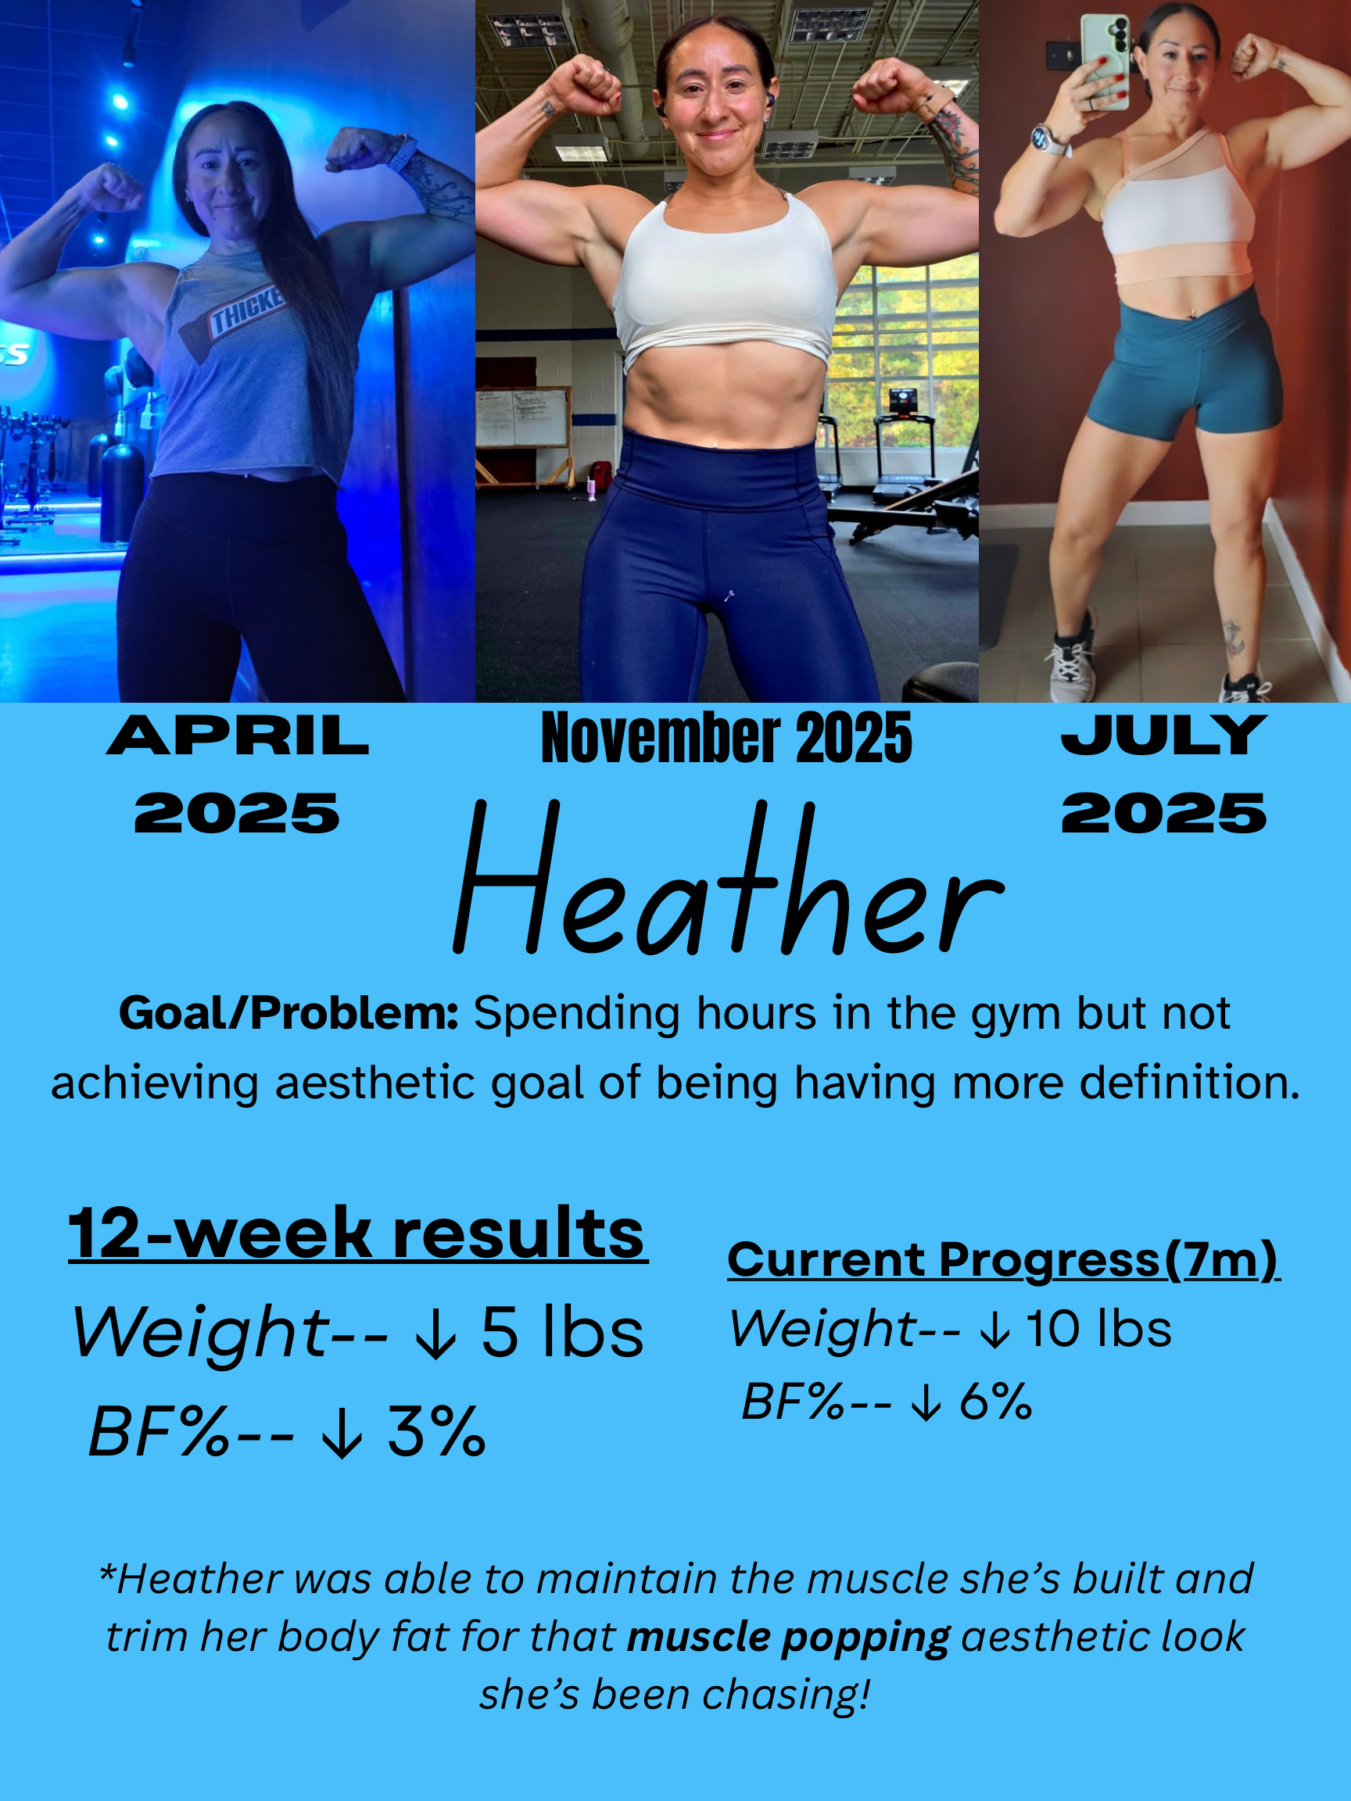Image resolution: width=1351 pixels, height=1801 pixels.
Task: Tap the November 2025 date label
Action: [x=726, y=738]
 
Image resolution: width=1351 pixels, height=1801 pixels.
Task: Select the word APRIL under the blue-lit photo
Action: [x=237, y=736]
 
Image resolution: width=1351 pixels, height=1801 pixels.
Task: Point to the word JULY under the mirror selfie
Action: [x=1163, y=736]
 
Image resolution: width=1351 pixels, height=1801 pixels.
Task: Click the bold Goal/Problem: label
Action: [x=289, y=1015]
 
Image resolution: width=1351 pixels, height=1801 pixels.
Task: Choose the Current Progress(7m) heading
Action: [x=1002, y=1260]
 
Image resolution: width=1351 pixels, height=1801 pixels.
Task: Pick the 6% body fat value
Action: [x=995, y=1402]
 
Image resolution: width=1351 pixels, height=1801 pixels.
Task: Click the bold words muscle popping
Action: [x=787, y=1638]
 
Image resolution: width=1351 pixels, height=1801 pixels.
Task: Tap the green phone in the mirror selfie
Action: [x=1105, y=61]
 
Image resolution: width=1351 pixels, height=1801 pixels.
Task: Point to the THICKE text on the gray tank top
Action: [x=247, y=312]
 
